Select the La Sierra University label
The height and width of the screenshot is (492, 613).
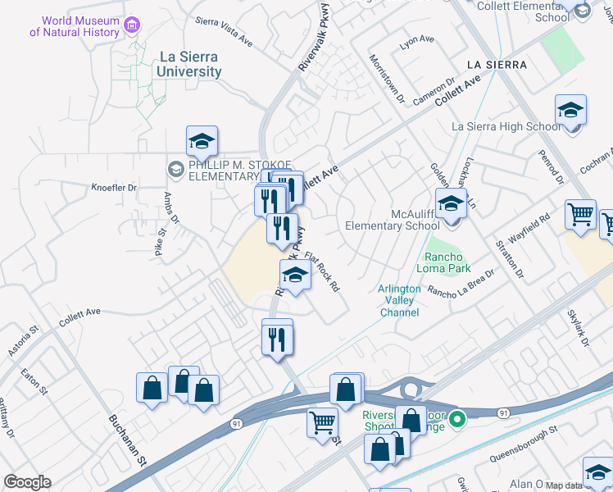(x=189, y=65)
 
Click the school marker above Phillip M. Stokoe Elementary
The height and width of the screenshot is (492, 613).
(x=202, y=142)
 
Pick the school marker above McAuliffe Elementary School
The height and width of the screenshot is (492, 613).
(x=451, y=203)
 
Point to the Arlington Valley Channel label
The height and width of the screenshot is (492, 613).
(x=399, y=300)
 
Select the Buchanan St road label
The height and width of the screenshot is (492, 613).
(x=126, y=439)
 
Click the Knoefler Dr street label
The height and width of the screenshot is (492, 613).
(x=114, y=188)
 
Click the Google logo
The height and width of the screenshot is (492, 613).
(x=27, y=481)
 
